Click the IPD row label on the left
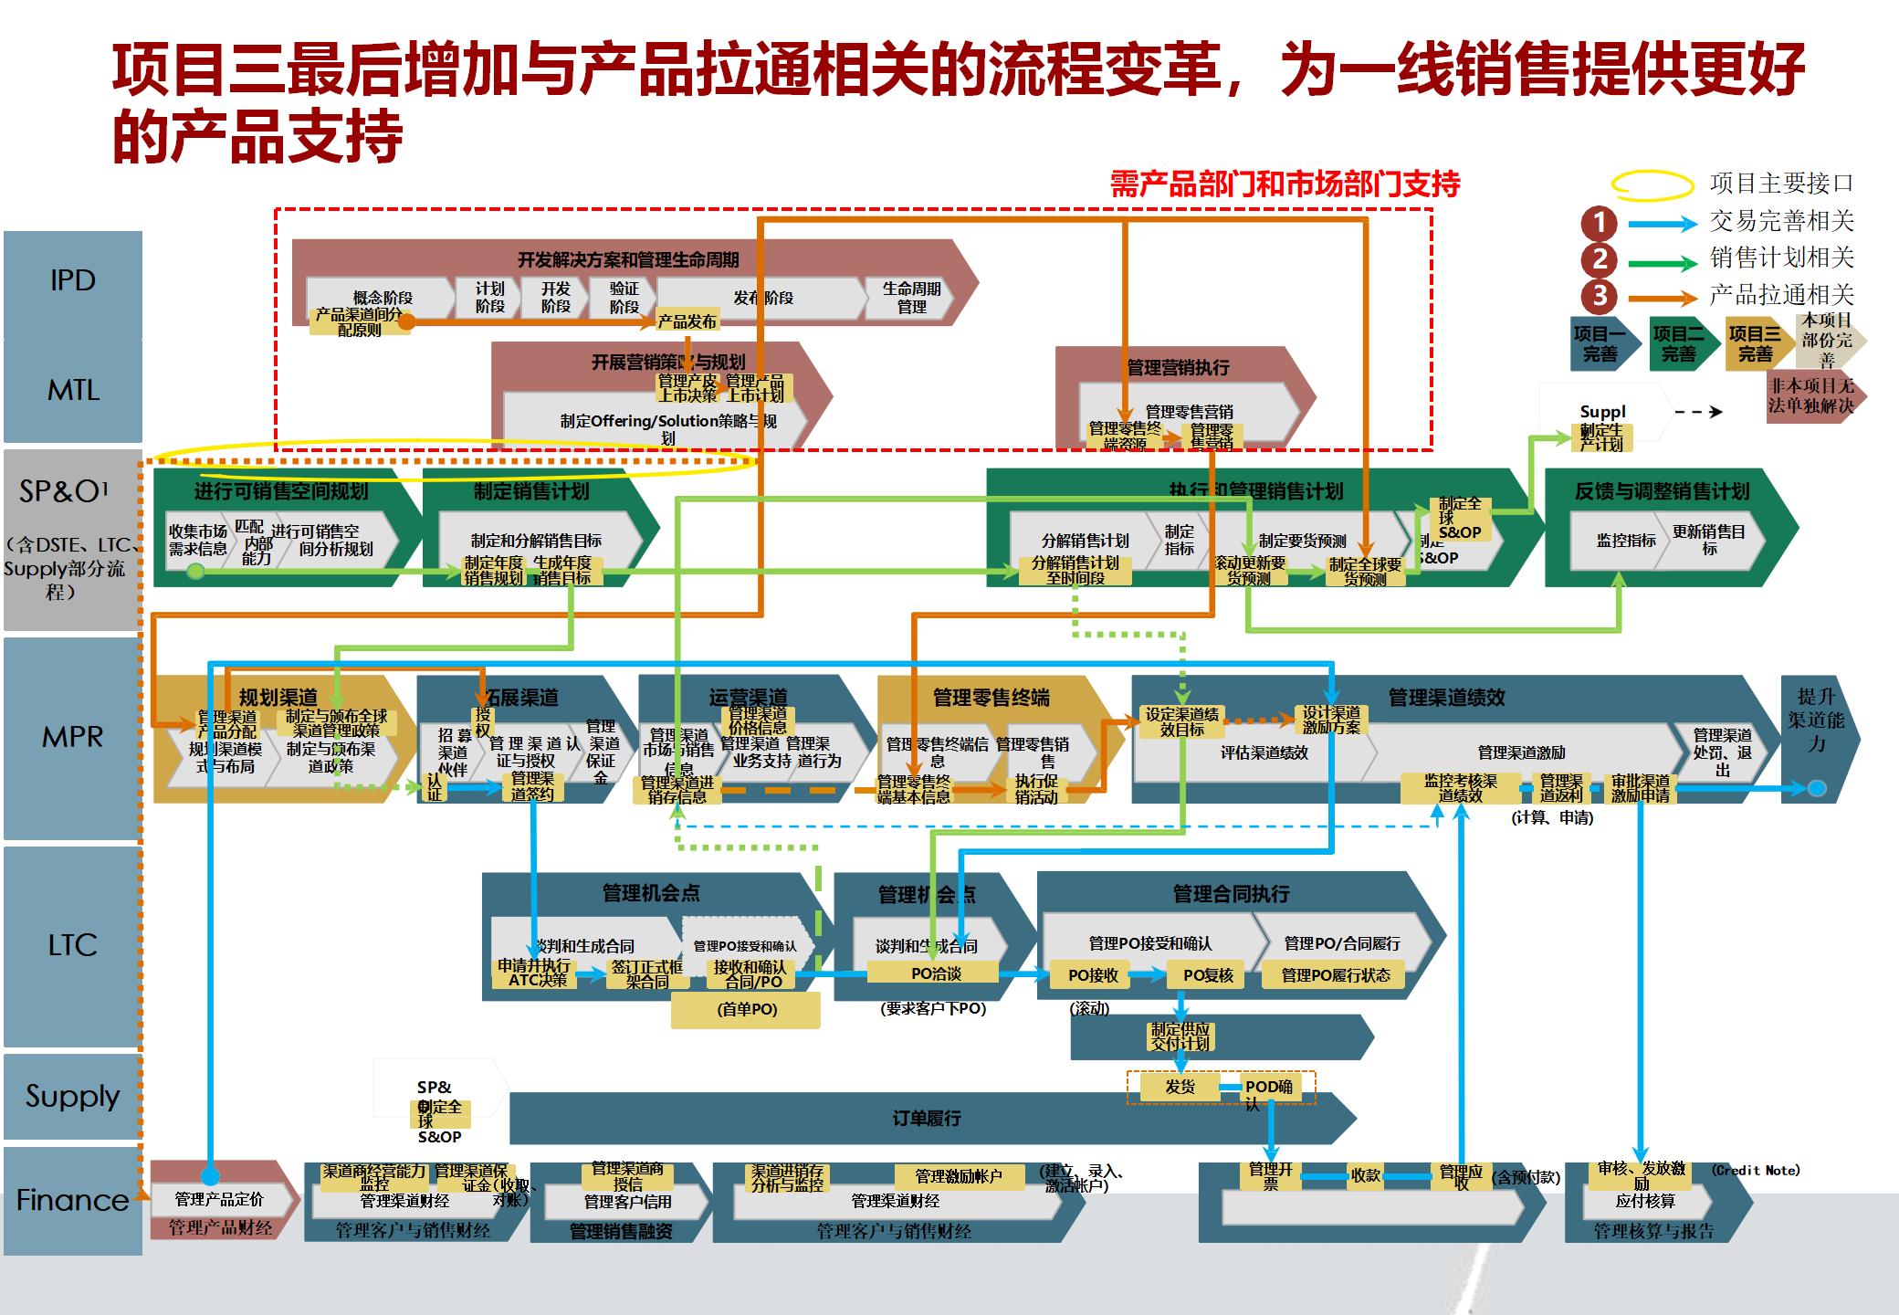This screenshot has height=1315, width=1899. [x=73, y=281]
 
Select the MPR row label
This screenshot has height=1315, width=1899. [x=73, y=737]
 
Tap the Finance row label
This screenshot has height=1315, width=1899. [x=73, y=1200]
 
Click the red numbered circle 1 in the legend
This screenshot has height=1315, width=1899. [x=1599, y=222]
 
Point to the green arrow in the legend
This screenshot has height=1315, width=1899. [x=1663, y=263]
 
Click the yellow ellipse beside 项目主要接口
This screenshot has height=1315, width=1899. [x=1652, y=185]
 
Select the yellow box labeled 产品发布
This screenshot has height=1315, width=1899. [x=687, y=321]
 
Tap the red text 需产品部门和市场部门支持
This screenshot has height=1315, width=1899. [x=1285, y=185]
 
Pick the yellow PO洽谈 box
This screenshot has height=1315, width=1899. [x=936, y=973]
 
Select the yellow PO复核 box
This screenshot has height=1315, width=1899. [x=1208, y=975]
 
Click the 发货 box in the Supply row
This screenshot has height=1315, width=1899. [x=1180, y=1087]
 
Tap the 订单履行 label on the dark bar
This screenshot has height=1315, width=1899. [x=926, y=1119]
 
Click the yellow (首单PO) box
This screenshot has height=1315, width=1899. [x=746, y=1010]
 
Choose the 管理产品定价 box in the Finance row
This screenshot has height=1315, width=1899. [x=219, y=1199]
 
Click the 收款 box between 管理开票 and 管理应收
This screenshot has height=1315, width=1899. [x=1365, y=1176]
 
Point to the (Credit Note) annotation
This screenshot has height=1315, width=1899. [x=1756, y=1170]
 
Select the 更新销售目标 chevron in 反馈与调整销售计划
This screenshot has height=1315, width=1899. [x=1708, y=540]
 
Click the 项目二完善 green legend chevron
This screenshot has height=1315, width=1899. [x=1678, y=344]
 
